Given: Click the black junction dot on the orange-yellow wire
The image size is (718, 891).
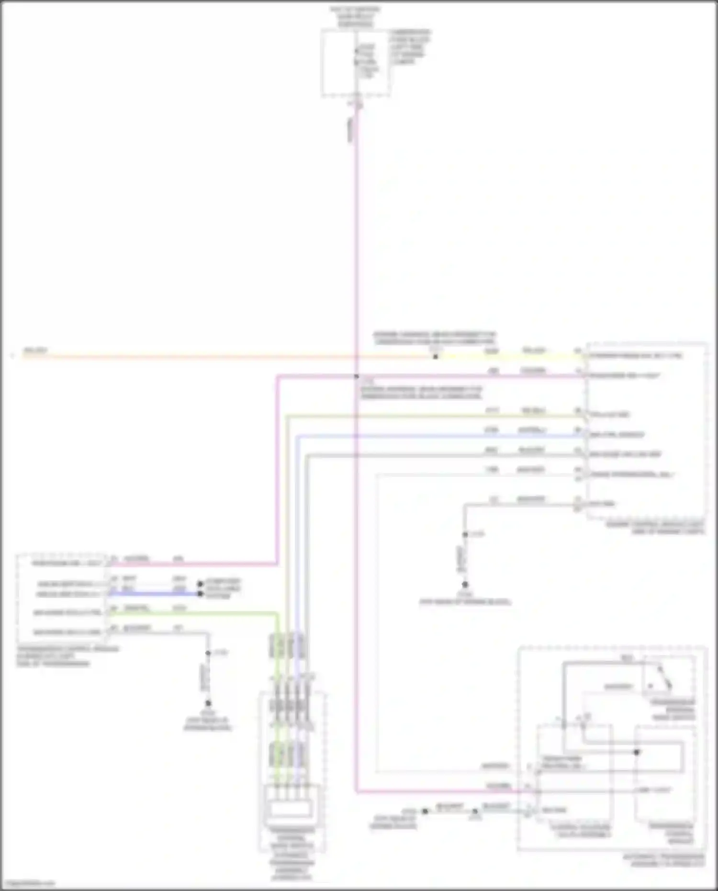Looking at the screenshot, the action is [x=436, y=357].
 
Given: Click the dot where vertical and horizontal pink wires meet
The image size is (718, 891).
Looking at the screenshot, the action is [x=357, y=377].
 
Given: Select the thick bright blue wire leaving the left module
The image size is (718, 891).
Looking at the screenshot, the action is [x=153, y=594].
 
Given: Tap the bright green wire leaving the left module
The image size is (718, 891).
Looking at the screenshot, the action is [x=191, y=613].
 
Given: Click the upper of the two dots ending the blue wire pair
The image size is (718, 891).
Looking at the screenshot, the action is [x=201, y=584].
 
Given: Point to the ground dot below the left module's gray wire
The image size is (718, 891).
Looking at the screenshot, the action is [x=208, y=703].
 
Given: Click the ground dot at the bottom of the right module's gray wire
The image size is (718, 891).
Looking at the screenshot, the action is [x=465, y=585].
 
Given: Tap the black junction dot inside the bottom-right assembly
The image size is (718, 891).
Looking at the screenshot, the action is [x=637, y=752].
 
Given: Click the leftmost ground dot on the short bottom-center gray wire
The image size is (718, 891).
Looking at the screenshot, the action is [x=425, y=811].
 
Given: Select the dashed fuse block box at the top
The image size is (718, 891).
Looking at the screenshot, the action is [x=355, y=63].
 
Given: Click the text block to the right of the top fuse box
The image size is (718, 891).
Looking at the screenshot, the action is [x=410, y=47].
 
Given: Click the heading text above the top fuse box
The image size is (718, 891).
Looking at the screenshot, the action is [x=355, y=16].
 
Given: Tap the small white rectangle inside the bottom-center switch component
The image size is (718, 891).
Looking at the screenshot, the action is [x=292, y=809].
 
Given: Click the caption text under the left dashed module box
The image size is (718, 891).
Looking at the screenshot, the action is [x=67, y=656].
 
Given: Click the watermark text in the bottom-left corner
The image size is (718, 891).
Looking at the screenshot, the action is [x=28, y=883].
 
